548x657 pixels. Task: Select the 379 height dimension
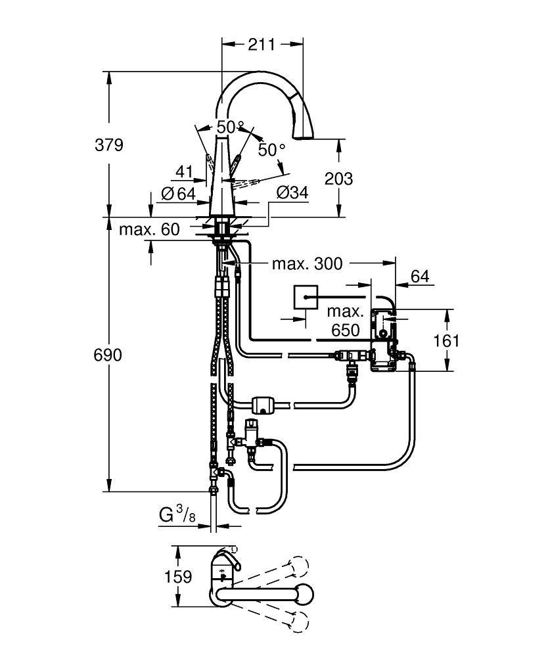[109, 145]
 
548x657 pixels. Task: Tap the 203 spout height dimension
[339, 178]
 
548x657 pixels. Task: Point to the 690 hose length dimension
[108, 355]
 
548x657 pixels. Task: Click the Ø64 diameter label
[178, 194]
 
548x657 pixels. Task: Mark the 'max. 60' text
[149, 230]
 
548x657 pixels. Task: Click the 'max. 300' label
[308, 264]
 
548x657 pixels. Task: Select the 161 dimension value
[447, 340]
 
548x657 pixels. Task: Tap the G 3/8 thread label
[177, 515]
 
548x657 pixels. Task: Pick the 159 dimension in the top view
[179, 577]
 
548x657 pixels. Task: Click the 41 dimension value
[184, 172]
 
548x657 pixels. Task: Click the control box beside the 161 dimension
[384, 340]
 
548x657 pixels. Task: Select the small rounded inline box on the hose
[265, 404]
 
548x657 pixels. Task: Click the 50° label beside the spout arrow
[271, 150]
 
